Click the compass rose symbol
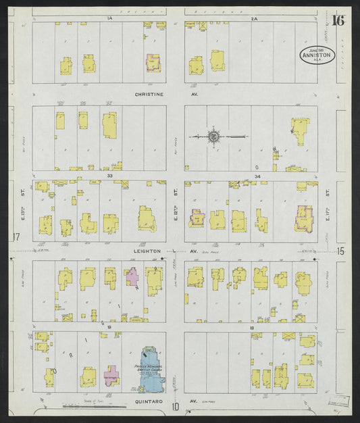(x=213, y=137)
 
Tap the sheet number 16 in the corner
(x=338, y=20)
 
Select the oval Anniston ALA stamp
(x=317, y=55)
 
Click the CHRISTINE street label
(x=149, y=95)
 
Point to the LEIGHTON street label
(x=147, y=251)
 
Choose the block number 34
(x=257, y=176)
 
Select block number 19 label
(x=108, y=326)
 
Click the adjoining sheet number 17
(x=16, y=237)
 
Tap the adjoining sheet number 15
(x=340, y=251)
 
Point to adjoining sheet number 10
(x=175, y=406)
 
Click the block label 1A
(x=109, y=19)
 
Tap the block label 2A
(x=255, y=19)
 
